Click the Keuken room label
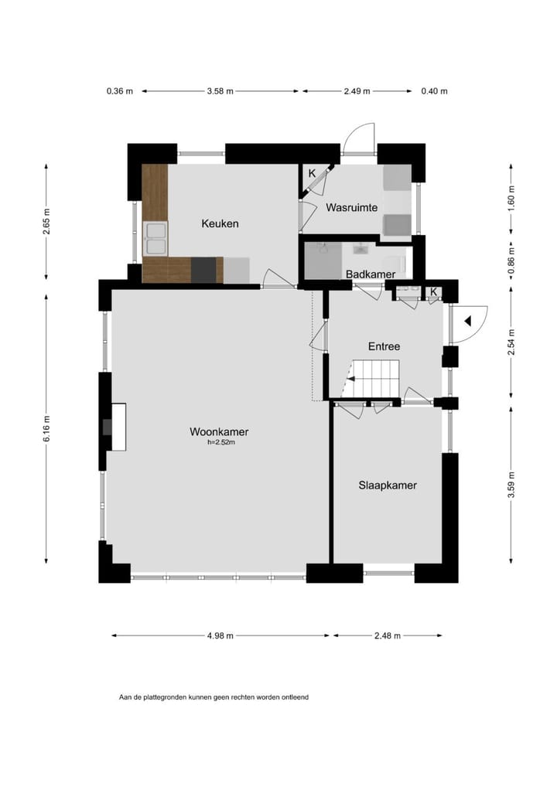click(220, 223)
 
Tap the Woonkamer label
click(219, 432)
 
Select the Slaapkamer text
click(388, 485)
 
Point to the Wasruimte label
click(351, 208)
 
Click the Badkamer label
click(371, 274)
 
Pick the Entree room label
click(384, 346)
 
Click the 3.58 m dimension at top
click(220, 91)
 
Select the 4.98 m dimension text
click(220, 635)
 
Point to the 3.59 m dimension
click(511, 485)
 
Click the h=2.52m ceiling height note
click(221, 443)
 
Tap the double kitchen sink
click(155, 238)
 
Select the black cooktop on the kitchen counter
click(203, 269)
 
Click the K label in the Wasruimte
click(312, 173)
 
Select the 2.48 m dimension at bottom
click(387, 635)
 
